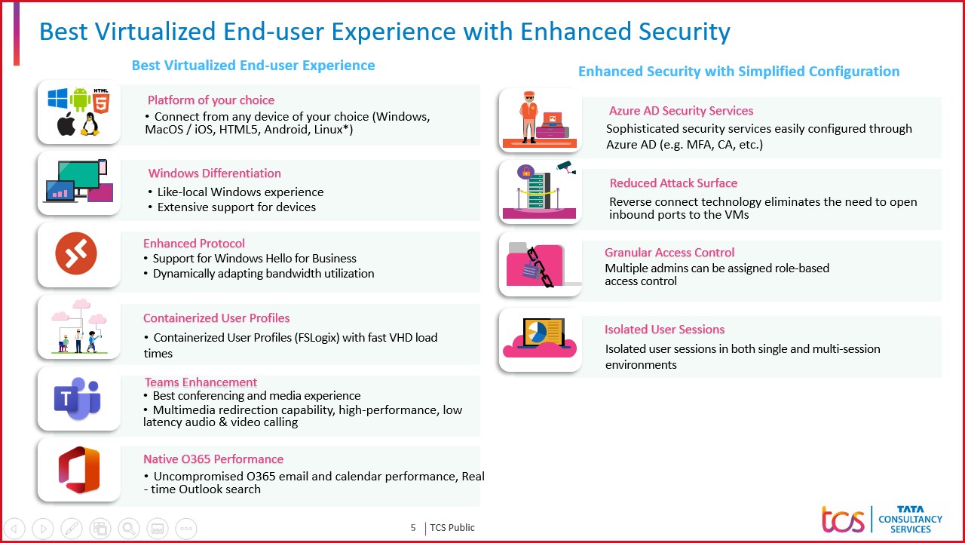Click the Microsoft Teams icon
click(x=78, y=398)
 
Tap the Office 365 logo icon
click(x=79, y=470)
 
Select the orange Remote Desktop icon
click(x=76, y=254)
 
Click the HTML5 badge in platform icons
click(x=102, y=98)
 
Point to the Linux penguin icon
click(x=90, y=124)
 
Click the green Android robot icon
click(x=79, y=99)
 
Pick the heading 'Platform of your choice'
click(x=211, y=100)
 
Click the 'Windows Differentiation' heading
click(x=214, y=173)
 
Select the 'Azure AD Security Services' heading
click(x=681, y=111)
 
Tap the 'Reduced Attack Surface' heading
click(x=673, y=183)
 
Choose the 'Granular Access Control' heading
click(x=669, y=253)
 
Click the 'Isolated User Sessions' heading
click(x=664, y=330)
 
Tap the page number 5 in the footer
click(x=413, y=528)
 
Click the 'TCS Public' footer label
click(x=452, y=528)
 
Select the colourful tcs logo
click(x=844, y=520)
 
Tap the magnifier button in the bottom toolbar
click(x=129, y=528)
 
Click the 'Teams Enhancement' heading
click(x=201, y=382)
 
